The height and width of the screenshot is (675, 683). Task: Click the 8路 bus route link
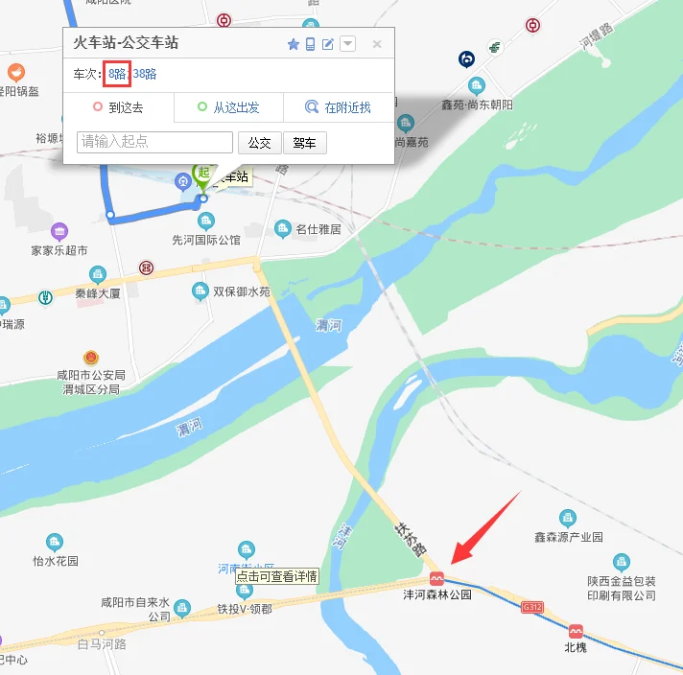click(x=117, y=74)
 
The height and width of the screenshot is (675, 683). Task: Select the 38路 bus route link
click(x=145, y=74)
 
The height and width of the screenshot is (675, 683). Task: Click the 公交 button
click(x=259, y=143)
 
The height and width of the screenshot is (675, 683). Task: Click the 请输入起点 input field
click(x=154, y=142)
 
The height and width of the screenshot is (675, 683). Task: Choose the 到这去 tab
click(x=118, y=107)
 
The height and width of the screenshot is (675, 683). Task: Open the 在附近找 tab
click(x=339, y=107)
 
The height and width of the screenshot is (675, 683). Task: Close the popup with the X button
click(x=377, y=44)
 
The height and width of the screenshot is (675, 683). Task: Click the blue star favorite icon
click(x=294, y=44)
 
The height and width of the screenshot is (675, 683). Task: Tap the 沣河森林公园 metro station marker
click(x=436, y=579)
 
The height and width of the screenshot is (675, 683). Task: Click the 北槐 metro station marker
click(x=576, y=631)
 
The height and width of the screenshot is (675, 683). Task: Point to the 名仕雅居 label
click(x=318, y=229)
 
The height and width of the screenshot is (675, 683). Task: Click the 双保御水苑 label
click(x=241, y=291)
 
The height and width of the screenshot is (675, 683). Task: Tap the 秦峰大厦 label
click(x=98, y=294)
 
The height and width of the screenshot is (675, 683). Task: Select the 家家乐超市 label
click(x=59, y=251)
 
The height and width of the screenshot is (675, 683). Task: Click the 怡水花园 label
click(x=55, y=561)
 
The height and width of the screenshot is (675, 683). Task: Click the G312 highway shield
click(x=532, y=608)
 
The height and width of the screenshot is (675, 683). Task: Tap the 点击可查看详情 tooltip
click(x=276, y=576)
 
